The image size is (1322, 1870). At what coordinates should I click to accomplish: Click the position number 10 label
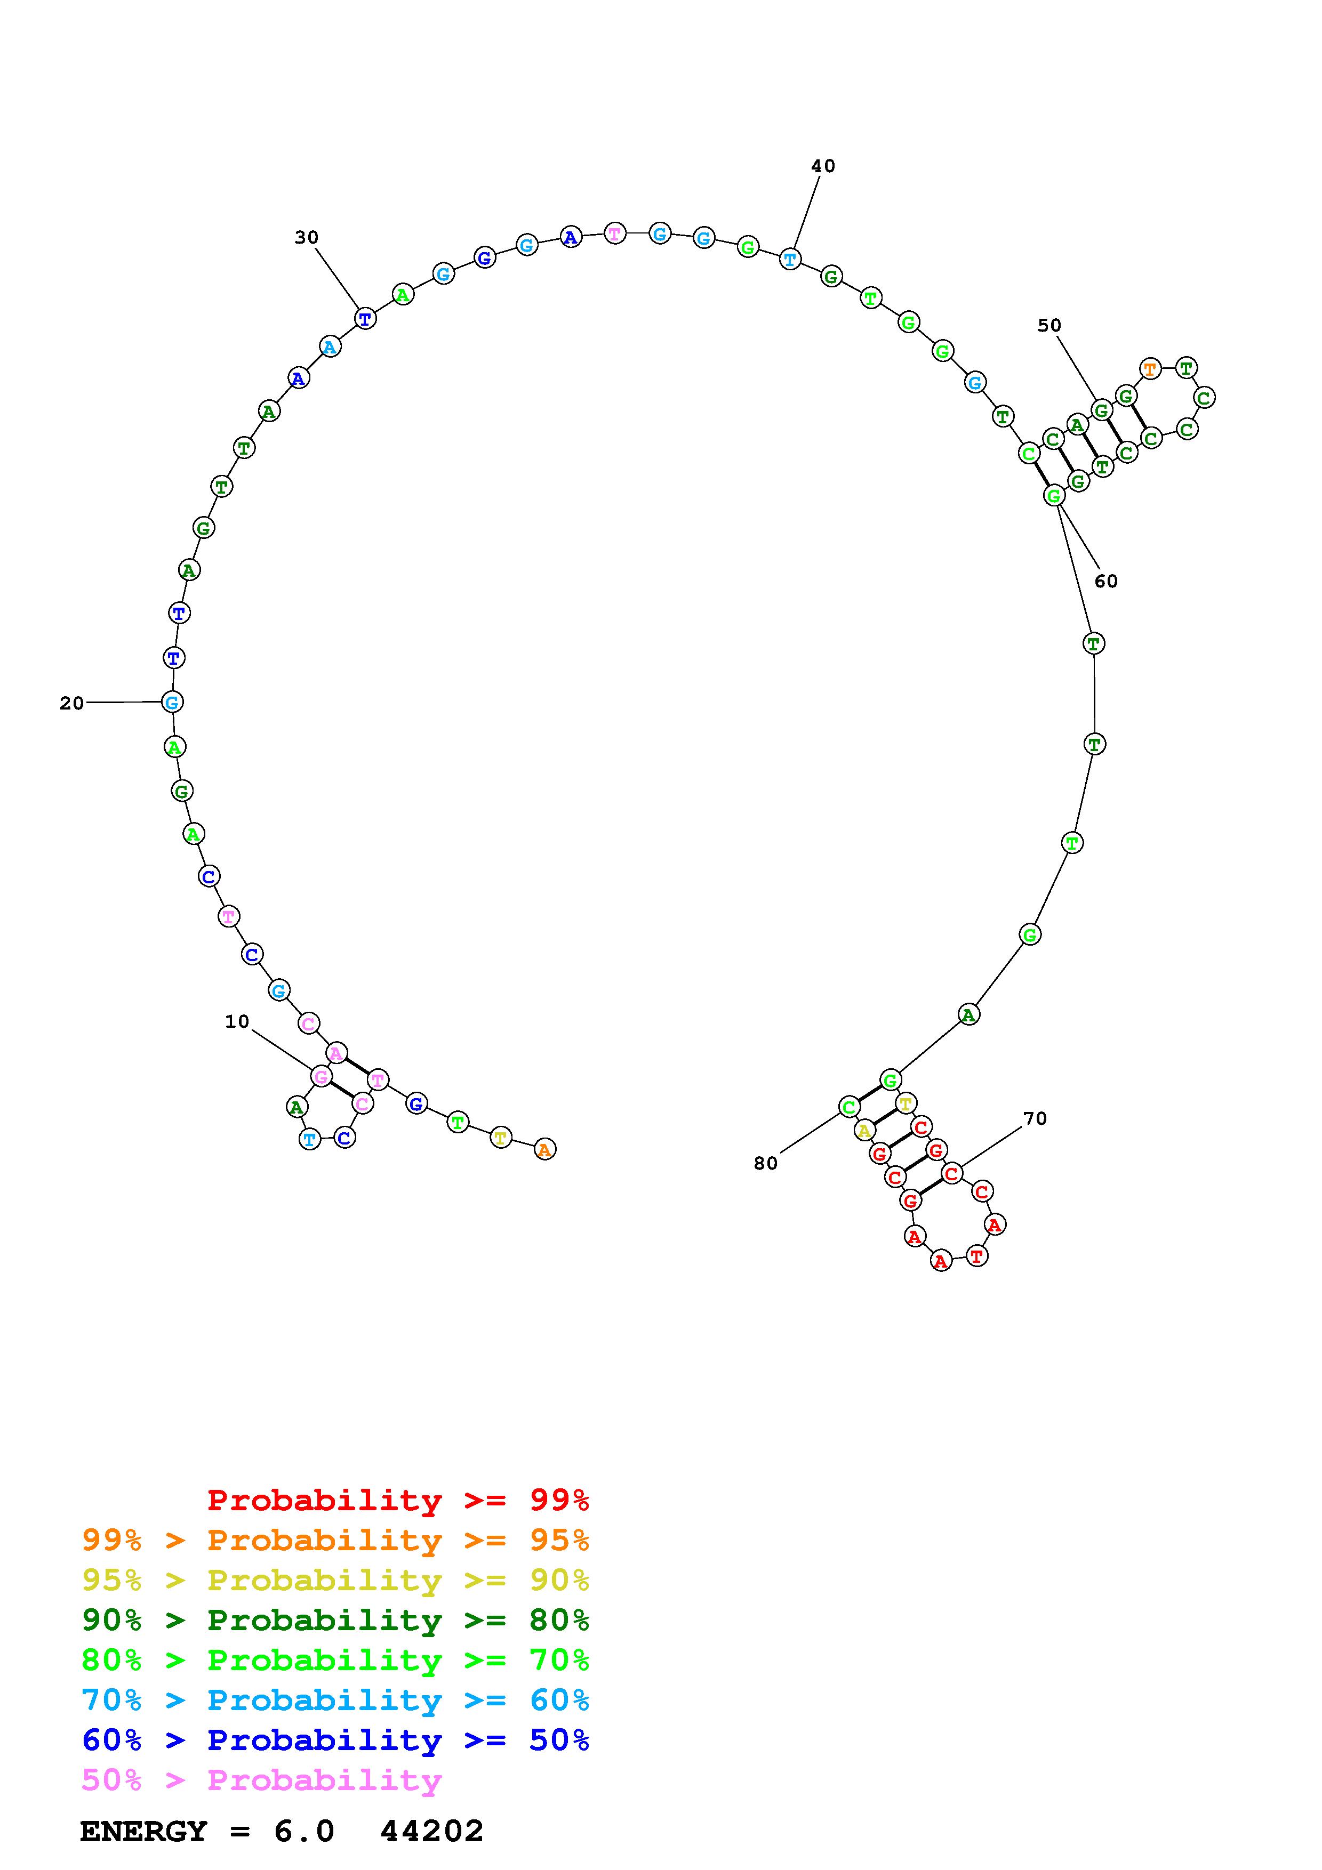(237, 1021)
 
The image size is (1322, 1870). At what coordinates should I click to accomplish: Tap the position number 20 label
(71, 703)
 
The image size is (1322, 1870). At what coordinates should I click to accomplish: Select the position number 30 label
(306, 237)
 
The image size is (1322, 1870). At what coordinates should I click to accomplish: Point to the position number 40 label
(823, 166)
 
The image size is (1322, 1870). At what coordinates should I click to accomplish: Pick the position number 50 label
(1049, 325)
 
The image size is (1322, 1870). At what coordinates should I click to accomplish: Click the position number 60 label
(1105, 581)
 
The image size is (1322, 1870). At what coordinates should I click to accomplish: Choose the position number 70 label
(1035, 1118)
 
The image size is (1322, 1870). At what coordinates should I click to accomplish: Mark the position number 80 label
(766, 1163)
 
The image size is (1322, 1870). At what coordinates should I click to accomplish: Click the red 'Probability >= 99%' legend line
(398, 1500)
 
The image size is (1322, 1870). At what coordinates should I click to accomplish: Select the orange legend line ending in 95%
(335, 1540)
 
